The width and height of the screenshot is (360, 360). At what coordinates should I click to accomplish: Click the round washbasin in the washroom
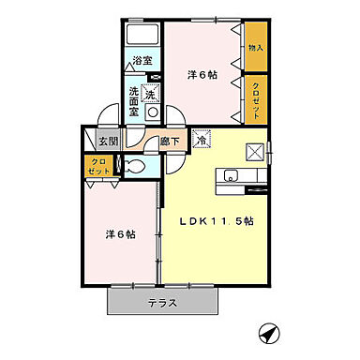pos(152,112)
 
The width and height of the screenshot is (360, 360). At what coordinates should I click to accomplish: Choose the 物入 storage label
pos(255,46)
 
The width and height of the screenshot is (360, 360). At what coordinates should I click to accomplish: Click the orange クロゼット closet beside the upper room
pos(255,98)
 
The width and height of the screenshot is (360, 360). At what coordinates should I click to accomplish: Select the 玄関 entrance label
pos(109,141)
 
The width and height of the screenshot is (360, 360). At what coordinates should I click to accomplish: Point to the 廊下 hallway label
pos(170,142)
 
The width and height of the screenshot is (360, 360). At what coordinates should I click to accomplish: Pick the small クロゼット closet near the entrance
pos(98,167)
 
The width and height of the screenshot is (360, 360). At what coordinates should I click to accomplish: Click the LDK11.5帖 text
pos(220,222)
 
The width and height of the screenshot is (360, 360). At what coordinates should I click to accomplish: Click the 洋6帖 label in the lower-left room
pos(119,234)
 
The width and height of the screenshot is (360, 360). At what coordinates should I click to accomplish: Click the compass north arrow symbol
pos(269,332)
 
